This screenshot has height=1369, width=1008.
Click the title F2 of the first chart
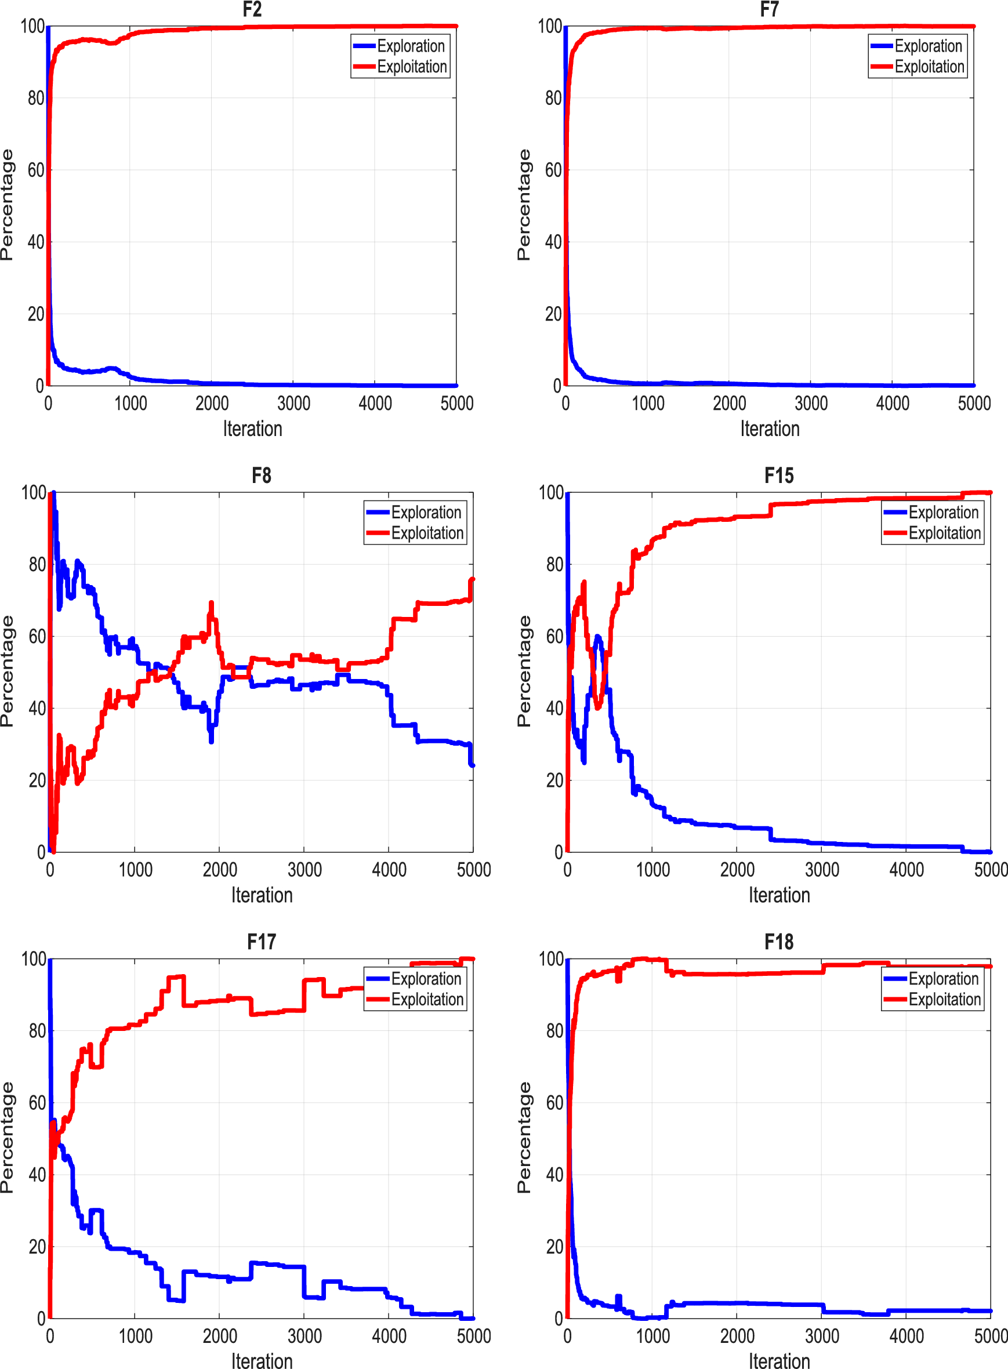tap(252, 9)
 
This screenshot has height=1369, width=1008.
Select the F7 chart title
tap(769, 9)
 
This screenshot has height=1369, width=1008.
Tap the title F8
tap(261, 475)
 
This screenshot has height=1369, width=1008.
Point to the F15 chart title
tap(778, 475)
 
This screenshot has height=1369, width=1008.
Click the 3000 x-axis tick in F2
tap(293, 403)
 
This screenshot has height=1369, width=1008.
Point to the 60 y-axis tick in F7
tap(553, 170)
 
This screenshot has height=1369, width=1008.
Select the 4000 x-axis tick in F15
tap(906, 869)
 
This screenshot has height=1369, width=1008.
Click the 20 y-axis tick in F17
tap(37, 1247)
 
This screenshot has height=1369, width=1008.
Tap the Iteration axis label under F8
tap(262, 895)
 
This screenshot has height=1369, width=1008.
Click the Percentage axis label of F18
tap(524, 1137)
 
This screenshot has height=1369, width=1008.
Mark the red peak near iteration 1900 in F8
tap(211, 604)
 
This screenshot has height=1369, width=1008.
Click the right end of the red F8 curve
tap(472, 580)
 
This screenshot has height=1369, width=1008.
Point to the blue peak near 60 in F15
tap(597, 637)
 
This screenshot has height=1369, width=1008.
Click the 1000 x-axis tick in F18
tap(652, 1335)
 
